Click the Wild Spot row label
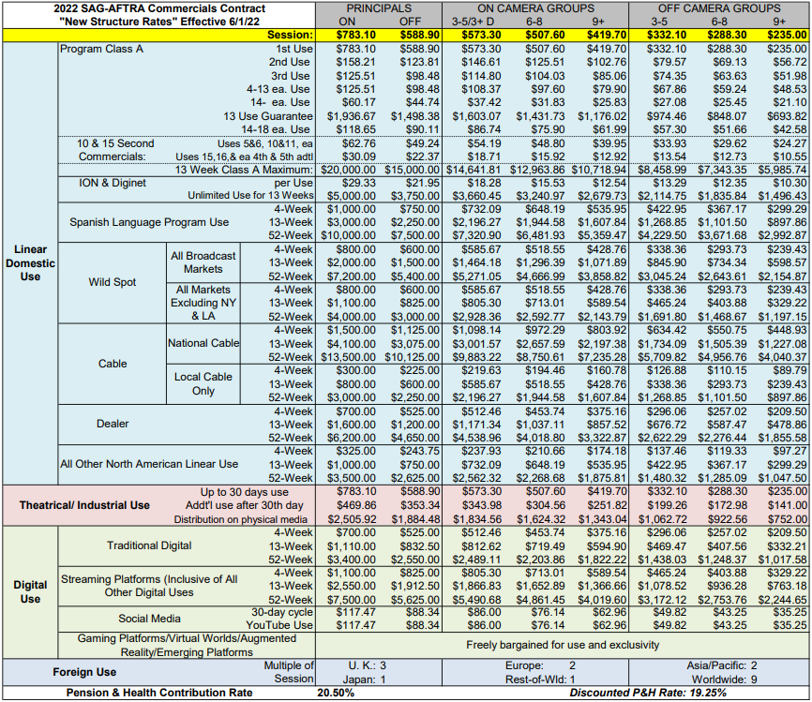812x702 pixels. (x=113, y=282)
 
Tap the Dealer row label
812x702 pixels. (x=113, y=424)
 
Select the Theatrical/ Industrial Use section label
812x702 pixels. (x=85, y=505)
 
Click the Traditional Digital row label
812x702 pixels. (x=149, y=545)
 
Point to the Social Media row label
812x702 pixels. (x=149, y=619)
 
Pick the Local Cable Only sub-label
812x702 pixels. (x=203, y=383)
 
